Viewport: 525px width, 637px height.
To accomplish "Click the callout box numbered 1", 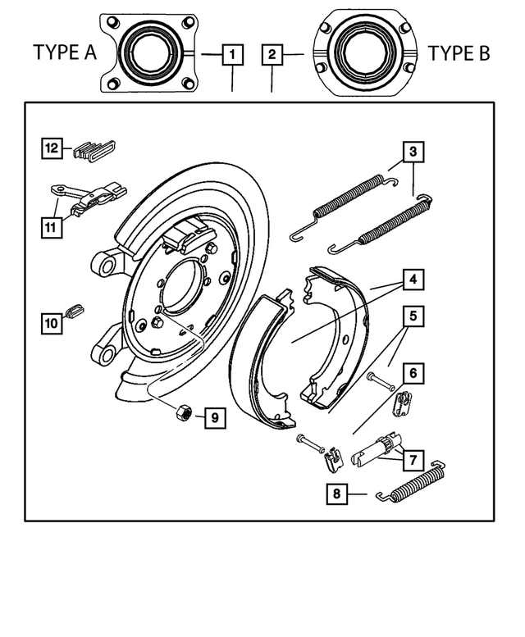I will click(233, 55).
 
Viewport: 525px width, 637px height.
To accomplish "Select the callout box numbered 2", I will click(272, 55).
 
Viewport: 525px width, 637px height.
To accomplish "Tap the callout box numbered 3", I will click(413, 152).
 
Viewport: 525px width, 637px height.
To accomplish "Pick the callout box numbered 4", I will click(413, 280).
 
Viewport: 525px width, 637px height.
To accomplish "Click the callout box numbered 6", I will click(413, 373).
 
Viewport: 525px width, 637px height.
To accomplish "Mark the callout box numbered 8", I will click(337, 494).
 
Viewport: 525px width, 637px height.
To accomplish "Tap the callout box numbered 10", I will click(52, 323).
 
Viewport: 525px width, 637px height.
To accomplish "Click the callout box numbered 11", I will click(52, 226).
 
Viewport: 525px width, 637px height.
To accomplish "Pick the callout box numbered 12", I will click(52, 148).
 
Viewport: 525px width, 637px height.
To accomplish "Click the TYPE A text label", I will click(65, 54).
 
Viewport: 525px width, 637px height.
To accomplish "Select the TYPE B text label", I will click(459, 54).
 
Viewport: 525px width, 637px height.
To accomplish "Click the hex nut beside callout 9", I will click(185, 412).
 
